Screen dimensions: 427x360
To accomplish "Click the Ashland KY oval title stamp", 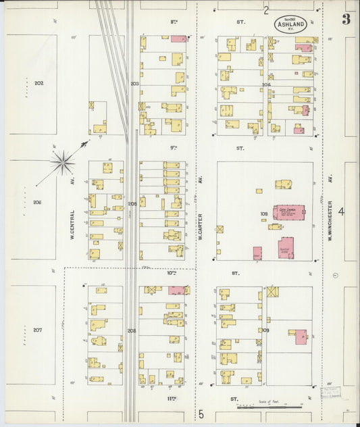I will click(288, 26).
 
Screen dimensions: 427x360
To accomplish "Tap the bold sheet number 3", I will click(346, 19).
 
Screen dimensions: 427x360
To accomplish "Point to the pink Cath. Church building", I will click(288, 212).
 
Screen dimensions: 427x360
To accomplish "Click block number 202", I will click(38, 83).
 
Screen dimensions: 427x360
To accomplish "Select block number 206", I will click(37, 202).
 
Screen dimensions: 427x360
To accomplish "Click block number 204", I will click(266, 84).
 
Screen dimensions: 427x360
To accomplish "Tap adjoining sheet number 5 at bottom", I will click(201, 413).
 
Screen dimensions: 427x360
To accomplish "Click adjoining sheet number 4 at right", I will click(341, 212).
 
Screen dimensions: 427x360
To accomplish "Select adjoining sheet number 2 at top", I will click(266, 10).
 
